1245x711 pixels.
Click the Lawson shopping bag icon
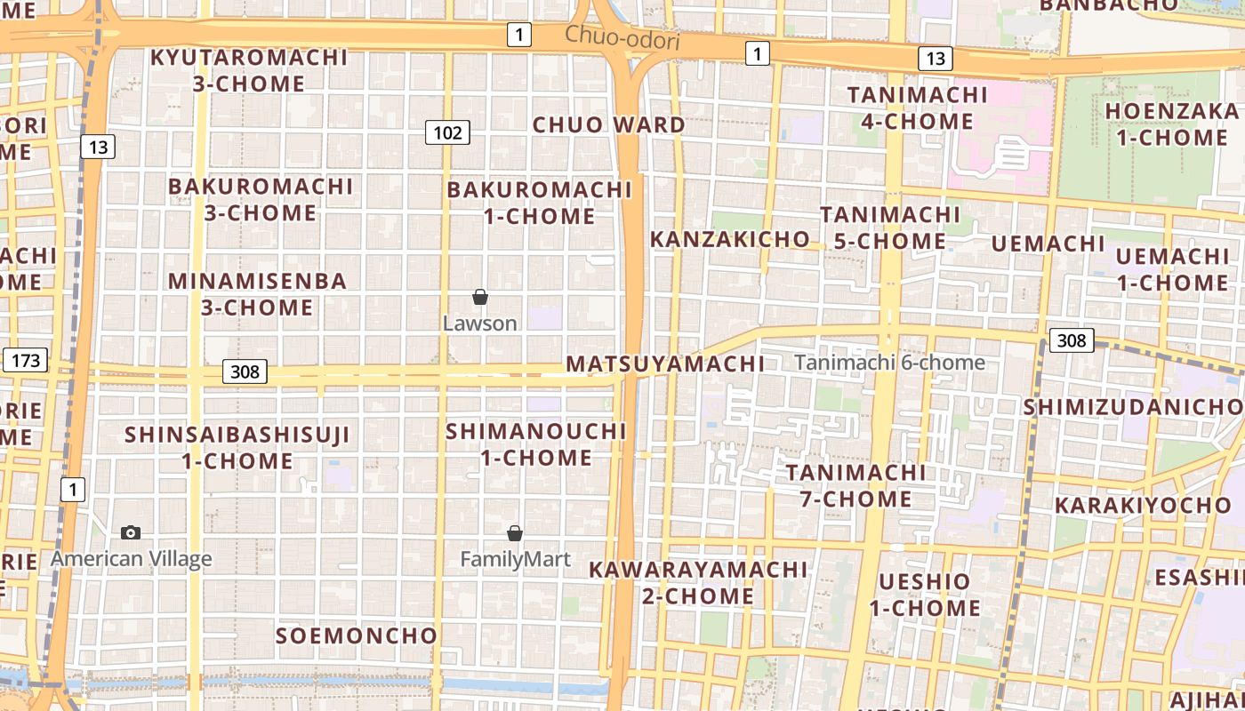480,297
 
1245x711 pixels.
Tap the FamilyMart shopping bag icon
514,533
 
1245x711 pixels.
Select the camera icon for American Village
131,532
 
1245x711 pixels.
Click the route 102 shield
446,133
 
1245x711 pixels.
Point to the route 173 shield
25,361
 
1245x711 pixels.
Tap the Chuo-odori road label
622,38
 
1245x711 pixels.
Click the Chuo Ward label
608,124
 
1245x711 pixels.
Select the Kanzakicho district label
729,239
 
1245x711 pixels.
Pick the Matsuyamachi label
665,363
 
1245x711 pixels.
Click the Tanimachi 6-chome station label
889,363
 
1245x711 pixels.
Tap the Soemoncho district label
356,635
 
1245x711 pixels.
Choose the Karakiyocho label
1143,506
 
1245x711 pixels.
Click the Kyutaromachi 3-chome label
249,70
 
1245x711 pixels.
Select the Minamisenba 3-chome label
257,294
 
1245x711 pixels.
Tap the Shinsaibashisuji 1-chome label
237,448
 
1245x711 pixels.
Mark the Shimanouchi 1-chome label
536,444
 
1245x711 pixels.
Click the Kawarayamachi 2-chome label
698,582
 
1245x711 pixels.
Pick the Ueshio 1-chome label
925,595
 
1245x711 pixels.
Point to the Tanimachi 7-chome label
855,485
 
